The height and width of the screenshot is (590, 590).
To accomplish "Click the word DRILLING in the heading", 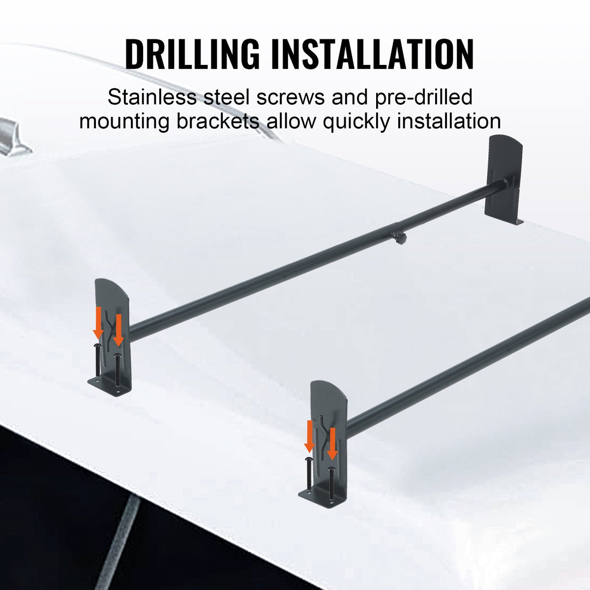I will (192, 54).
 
